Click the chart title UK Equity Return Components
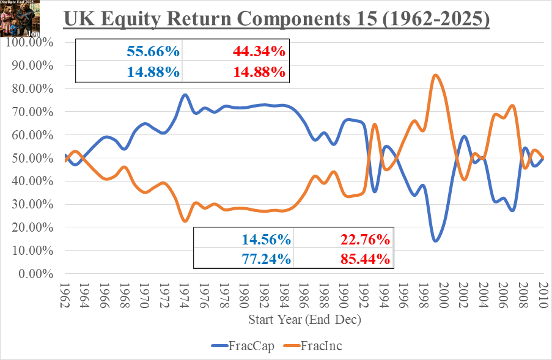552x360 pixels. pyautogui.click(x=276, y=19)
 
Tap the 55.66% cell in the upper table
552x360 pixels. pyautogui.click(x=153, y=51)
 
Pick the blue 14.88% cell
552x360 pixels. pyautogui.click(x=153, y=72)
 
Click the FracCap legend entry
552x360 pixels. pyautogui.click(x=245, y=346)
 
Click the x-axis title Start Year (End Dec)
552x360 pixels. pyautogui.click(x=304, y=320)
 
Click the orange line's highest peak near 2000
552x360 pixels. pyautogui.click(x=435, y=75)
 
